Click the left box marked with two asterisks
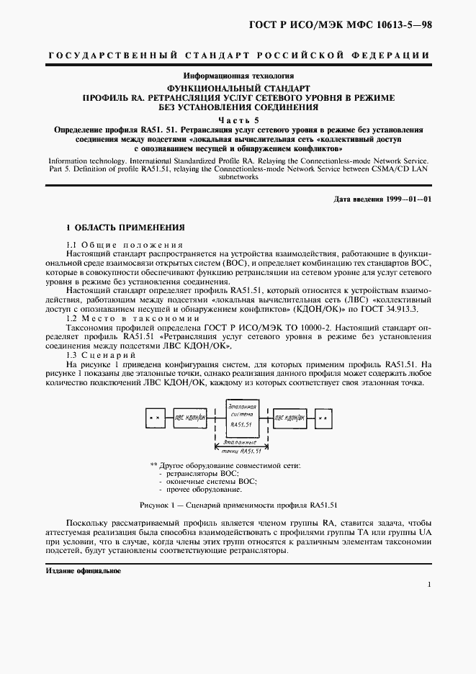click(x=153, y=418)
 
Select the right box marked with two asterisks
click(x=324, y=418)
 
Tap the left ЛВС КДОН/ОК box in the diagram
click(x=189, y=418)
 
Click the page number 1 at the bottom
click(x=430, y=585)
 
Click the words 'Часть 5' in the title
click(x=237, y=120)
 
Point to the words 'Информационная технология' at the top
click(x=238, y=75)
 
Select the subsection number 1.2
click(x=72, y=318)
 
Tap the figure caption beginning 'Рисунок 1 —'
click(x=238, y=505)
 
